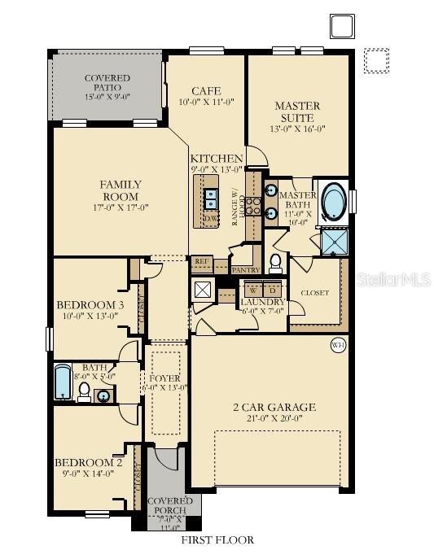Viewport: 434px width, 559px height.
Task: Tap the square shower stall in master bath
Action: tap(334, 241)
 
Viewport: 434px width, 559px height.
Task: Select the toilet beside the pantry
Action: tap(276, 262)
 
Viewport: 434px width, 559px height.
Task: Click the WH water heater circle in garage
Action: tap(338, 346)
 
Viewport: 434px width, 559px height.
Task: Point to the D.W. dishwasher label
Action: tap(211, 219)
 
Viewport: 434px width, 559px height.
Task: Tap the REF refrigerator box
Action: tap(201, 262)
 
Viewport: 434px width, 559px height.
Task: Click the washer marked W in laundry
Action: tap(253, 290)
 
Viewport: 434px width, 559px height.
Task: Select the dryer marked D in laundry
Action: tap(273, 290)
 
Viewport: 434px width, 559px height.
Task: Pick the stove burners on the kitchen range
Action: tap(252, 206)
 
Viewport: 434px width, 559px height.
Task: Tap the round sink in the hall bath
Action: tap(103, 396)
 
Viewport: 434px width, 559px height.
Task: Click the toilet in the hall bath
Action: tap(84, 391)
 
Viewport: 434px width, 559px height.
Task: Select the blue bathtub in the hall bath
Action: tap(63, 382)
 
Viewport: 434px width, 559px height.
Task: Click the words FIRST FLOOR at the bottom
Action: tap(217, 539)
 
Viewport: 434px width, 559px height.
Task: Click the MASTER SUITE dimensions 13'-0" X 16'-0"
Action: tap(297, 129)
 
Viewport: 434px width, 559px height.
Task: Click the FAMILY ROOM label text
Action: tap(121, 190)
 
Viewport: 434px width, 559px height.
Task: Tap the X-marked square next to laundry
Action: tap(203, 289)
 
